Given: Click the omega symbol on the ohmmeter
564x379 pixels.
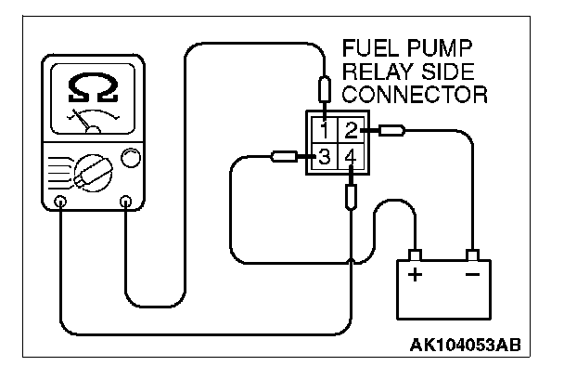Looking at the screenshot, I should [x=93, y=89].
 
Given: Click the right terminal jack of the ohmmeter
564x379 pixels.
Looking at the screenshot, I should [x=126, y=200].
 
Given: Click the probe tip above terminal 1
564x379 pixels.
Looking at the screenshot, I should [x=324, y=91].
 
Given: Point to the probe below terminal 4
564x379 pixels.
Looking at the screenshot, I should [x=350, y=197].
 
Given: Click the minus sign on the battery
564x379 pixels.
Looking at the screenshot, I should [x=471, y=275].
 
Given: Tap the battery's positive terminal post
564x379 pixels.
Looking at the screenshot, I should [x=415, y=255].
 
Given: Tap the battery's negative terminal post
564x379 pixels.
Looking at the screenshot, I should [x=473, y=255].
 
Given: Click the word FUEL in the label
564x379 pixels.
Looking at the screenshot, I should [x=366, y=48].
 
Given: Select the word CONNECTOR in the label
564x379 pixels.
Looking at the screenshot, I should [x=414, y=93].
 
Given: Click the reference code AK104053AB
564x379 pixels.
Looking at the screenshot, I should [x=464, y=346].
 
